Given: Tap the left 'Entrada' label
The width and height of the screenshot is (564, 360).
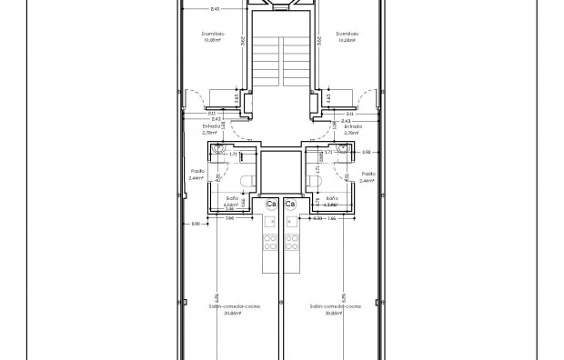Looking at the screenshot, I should (x=211, y=126).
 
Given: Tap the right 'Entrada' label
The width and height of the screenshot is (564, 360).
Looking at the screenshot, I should (x=352, y=126).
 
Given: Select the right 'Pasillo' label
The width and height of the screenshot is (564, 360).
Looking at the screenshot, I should (x=368, y=172).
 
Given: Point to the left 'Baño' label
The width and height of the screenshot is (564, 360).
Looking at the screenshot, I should (x=231, y=197).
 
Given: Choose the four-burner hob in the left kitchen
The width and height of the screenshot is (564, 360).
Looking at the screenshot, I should (x=270, y=243).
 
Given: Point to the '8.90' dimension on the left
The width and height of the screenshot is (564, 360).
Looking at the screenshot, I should (x=195, y=223).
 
